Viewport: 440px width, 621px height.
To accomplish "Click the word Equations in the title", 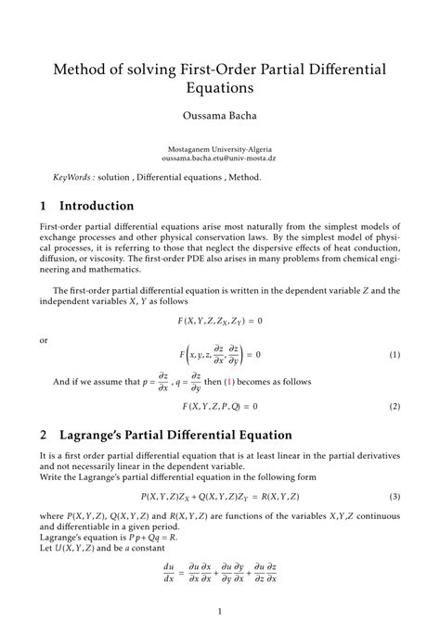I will click(220, 90).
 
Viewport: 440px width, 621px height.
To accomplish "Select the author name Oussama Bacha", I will click(220, 118).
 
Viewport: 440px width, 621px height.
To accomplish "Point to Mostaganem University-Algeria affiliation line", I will click(220, 148).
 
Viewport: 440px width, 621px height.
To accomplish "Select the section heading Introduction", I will click(97, 206).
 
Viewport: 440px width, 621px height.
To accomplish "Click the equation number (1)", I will click(395, 355).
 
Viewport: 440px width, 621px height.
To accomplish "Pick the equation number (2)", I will click(395, 406).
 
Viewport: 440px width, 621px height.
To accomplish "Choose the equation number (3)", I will click(395, 497).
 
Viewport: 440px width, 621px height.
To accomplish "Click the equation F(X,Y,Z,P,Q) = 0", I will click(220, 406).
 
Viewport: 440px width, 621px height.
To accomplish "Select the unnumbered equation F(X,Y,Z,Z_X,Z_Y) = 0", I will click(220, 321).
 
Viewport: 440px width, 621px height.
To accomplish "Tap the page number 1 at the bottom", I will click(220, 611).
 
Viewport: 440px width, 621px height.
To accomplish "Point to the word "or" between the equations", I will click(44, 340).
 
